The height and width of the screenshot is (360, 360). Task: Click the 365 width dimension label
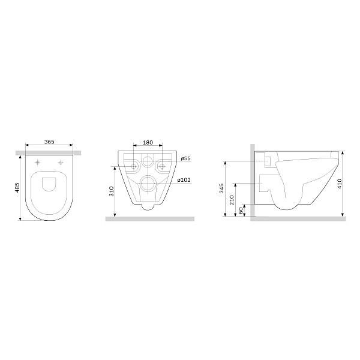coord(49,142)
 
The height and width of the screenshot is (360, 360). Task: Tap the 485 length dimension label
coord(17,188)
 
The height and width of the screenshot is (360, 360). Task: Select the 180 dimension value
coord(148,143)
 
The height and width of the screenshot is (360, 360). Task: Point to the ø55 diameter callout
coord(185,158)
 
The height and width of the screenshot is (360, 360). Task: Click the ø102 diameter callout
coord(184,180)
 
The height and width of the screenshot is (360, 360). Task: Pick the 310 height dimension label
coord(112,191)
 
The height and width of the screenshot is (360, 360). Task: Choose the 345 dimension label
coord(221,188)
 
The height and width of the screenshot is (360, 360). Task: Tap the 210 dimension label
coord(232,200)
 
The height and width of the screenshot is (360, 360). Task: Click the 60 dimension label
coord(241,211)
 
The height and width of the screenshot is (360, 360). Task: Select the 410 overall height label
coord(340,184)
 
